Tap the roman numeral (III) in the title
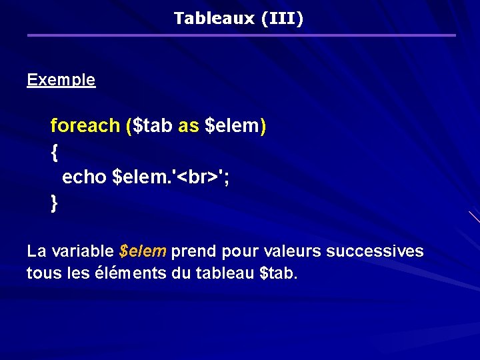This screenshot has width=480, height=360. (283, 18)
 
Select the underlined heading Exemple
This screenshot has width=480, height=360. (61, 80)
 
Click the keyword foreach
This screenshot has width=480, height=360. (85, 125)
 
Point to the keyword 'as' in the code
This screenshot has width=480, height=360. (188, 125)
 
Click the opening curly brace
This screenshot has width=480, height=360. (54, 152)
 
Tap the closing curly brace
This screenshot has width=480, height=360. (54, 203)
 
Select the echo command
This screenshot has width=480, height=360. (85, 177)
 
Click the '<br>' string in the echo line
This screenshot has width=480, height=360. (197, 177)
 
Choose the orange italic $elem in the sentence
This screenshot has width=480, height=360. (143, 251)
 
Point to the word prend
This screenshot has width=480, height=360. (194, 251)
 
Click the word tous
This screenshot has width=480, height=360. (41, 273)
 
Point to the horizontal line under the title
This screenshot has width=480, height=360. (241, 35)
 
